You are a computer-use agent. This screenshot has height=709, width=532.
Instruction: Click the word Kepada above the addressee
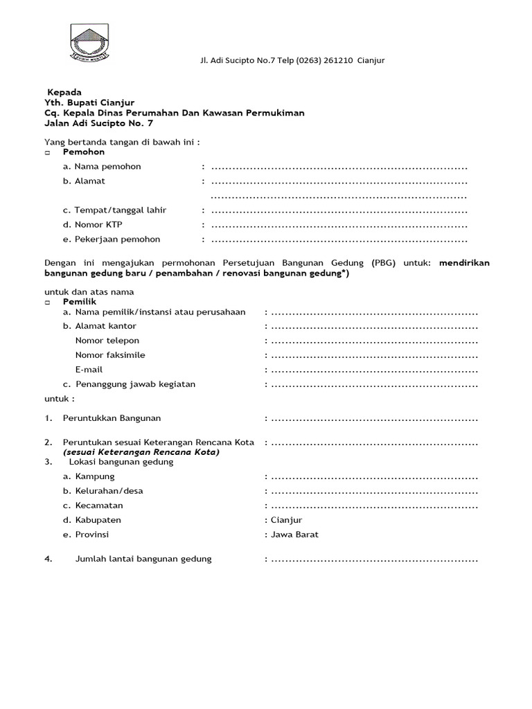coord(64,92)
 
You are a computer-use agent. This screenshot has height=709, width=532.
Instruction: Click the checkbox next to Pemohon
coord(48,152)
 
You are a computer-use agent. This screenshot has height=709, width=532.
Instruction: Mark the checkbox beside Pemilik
coord(48,303)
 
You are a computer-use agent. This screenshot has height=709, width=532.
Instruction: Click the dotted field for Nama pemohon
coord(339,167)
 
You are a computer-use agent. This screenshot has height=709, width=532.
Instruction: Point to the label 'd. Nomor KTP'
coord(92,225)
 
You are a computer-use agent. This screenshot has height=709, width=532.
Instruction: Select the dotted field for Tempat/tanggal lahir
coord(339,210)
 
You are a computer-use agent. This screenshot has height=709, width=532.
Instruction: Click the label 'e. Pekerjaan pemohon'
coord(111,240)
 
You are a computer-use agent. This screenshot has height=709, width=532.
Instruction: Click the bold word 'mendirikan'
coord(464,263)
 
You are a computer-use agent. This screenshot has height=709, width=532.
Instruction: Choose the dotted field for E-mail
coord(374,370)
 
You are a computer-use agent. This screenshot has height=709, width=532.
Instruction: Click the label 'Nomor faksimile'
coord(110,355)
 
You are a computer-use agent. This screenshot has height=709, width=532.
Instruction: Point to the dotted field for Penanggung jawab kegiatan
coord(374,385)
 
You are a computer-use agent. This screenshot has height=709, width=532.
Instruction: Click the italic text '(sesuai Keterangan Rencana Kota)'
coord(141,452)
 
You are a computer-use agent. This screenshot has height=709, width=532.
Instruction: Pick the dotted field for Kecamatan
coord(374,506)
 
